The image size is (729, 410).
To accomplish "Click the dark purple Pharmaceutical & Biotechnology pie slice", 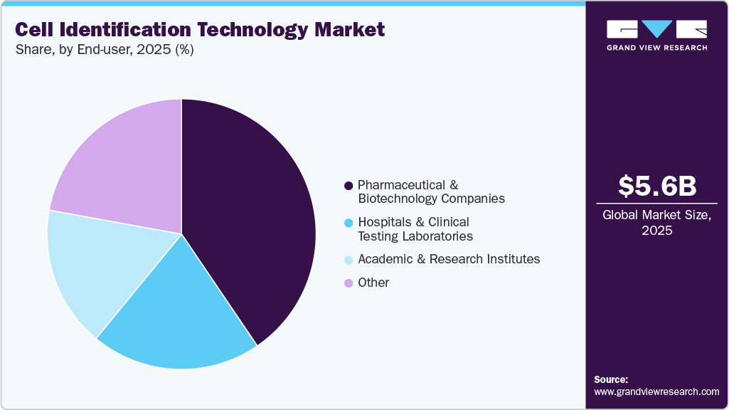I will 249,214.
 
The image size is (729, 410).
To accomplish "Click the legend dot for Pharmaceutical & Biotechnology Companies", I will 348,186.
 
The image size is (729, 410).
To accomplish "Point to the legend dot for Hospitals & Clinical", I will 348,224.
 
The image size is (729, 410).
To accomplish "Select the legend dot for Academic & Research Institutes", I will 348,260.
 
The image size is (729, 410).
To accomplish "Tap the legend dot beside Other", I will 348,283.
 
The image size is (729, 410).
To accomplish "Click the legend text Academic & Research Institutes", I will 449,259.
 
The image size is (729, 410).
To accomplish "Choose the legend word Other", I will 373,283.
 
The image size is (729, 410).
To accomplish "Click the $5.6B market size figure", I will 656,186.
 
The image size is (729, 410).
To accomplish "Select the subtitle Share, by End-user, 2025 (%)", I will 104,50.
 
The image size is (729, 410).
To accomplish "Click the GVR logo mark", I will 656,29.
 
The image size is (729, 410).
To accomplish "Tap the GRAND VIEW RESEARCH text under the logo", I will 656,48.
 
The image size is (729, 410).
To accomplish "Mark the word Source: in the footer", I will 611,379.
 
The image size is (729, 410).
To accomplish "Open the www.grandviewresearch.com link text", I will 656,391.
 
